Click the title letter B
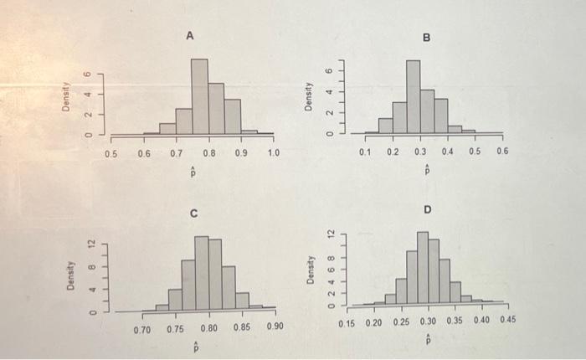coord(425,38)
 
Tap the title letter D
coord(427,208)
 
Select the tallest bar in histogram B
coord(413,96)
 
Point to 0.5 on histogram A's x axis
coord(111,154)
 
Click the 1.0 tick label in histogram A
coord(274,154)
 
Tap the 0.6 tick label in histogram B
coord(502,152)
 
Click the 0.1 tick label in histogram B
coord(364,152)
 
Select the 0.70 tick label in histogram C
coord(143,329)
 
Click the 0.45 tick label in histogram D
coord(509,321)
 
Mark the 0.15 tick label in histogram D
coord(348,322)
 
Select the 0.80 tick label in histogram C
coord(209,329)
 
